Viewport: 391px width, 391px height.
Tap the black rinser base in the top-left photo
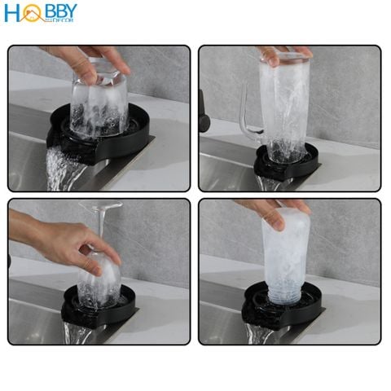130,138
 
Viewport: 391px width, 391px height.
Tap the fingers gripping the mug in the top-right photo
281,55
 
